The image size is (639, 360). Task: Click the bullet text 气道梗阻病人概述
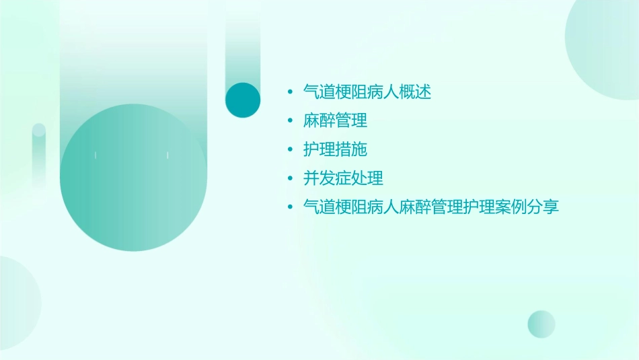[367, 92]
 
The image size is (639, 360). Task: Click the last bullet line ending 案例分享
[431, 207]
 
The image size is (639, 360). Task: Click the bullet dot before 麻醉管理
[289, 121]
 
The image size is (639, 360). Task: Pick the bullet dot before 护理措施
[289, 150]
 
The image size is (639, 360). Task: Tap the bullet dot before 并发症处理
[289, 178]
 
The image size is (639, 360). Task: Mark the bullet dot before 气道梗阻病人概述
[289, 92]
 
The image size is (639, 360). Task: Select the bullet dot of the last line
[289, 207]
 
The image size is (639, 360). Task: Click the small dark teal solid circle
[243, 100]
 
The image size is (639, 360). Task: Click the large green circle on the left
[133, 178]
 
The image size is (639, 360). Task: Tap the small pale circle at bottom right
[541, 324]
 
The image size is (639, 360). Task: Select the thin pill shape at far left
[39, 155]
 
